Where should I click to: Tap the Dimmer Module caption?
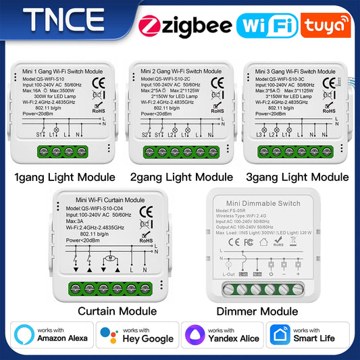click(x=257, y=311)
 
